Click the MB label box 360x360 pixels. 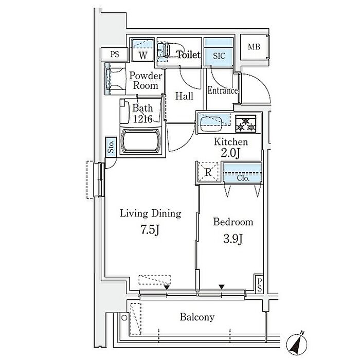coord(254,48)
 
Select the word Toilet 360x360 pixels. coord(188,55)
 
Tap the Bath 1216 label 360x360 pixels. coord(142,113)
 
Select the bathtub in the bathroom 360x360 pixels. coord(142,140)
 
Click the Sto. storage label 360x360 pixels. coord(111,149)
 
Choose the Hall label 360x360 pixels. coord(184,96)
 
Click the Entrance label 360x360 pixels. coord(222,91)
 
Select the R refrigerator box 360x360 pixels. coord(208,172)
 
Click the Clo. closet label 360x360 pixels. coord(243,178)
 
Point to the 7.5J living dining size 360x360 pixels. coord(151,229)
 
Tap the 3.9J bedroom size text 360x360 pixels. coord(233,239)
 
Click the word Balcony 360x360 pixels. coord(197,317)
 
